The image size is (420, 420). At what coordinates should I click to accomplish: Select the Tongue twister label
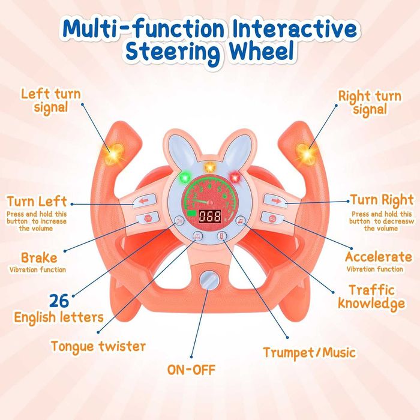pyautogui.click(x=98, y=346)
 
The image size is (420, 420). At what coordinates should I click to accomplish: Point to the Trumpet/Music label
pyautogui.click(x=309, y=352)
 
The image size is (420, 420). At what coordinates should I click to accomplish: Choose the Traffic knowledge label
pyautogui.click(x=371, y=296)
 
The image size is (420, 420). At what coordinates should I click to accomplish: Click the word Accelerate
pyautogui.click(x=379, y=257)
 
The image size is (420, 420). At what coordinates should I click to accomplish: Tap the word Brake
pyautogui.click(x=39, y=258)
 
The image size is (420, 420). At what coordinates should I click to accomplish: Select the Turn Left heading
pyautogui.click(x=37, y=201)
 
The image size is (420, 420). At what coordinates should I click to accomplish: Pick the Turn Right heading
pyautogui.click(x=382, y=200)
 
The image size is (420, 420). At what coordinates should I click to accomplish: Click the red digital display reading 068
pyautogui.click(x=209, y=217)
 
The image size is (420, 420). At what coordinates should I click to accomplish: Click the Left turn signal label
pyautogui.click(x=51, y=101)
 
